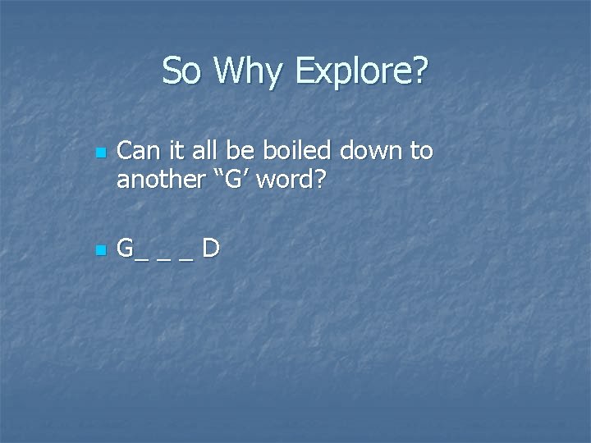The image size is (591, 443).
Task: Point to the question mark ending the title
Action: tap(419, 71)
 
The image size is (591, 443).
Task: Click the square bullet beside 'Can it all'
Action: tap(99, 153)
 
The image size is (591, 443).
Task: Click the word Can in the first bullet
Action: tap(136, 152)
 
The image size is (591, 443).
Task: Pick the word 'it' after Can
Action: tap(171, 152)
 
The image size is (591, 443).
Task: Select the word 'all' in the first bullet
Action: tap(197, 152)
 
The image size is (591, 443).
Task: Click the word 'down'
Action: tap(361, 152)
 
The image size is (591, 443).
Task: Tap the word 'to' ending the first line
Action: tap(420, 153)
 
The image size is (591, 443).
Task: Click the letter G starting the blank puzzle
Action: tap(126, 248)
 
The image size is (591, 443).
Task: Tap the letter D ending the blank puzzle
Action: tap(210, 248)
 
